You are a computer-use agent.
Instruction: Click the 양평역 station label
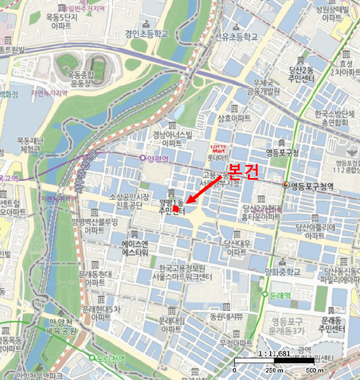tap(159, 158)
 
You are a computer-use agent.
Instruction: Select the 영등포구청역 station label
tap(312, 186)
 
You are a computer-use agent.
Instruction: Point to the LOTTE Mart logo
tap(217, 148)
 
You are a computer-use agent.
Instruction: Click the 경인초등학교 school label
tap(146, 34)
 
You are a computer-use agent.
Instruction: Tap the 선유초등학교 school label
tap(236, 37)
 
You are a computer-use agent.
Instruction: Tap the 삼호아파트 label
tap(234, 118)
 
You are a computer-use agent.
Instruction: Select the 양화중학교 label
tap(282, 273)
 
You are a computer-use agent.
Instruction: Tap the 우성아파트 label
tap(236, 343)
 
